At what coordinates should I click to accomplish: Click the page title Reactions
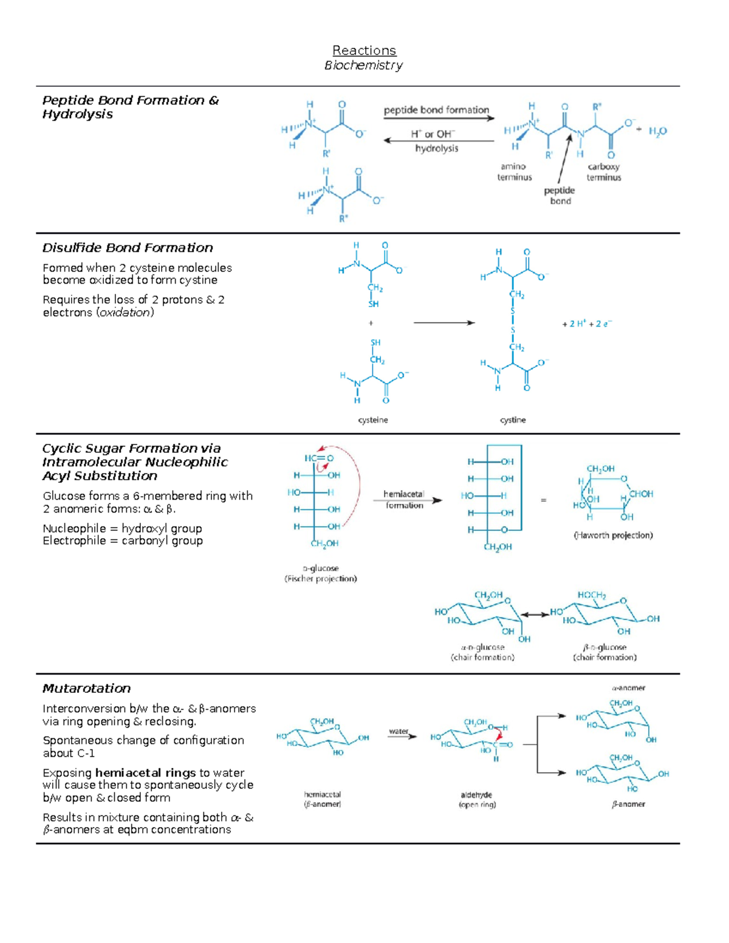point(364,50)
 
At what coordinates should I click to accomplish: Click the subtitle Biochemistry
point(363,65)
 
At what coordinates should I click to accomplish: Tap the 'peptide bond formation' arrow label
point(436,110)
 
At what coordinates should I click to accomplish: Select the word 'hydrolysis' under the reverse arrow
point(437,148)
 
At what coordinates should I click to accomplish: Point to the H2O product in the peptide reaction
point(657,131)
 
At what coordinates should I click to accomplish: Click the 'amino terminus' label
point(514,172)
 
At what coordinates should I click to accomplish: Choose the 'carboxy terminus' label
point(604,172)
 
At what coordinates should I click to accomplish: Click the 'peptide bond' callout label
point(560,196)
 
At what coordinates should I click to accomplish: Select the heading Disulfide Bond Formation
point(128,248)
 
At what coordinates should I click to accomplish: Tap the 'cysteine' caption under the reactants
point(373,420)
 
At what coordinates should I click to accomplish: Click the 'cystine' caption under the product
point(513,420)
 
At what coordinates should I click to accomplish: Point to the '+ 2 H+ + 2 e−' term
point(586,324)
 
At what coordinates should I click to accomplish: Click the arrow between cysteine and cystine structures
point(443,323)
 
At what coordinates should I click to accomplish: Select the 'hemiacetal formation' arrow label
point(404,500)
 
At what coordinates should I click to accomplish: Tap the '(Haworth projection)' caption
point(613,536)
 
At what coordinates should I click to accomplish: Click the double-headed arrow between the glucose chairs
point(535,614)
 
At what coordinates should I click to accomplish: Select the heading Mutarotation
point(86,689)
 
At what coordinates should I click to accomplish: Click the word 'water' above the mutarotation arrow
point(399,731)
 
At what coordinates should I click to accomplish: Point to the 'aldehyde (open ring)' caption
point(477,800)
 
